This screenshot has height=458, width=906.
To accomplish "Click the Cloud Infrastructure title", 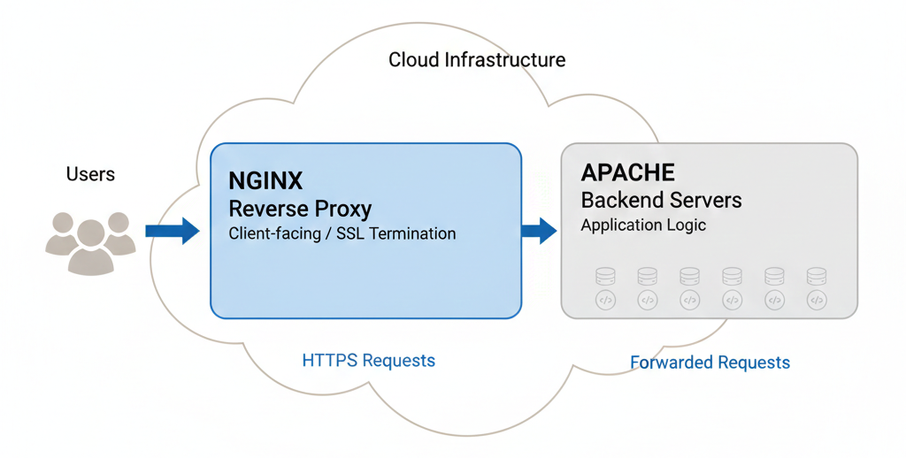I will pos(477,60).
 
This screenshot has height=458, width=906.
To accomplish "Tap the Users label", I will pos(90,174).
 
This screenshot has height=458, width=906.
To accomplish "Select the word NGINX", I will pos(265,181).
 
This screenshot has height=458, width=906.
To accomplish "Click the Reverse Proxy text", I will pos(300,209).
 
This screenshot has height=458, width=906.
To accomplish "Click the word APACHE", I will pos(627,172).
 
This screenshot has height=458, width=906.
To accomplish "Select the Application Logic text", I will pos(643,225).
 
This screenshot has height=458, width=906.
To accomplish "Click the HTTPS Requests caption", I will pos(368,361).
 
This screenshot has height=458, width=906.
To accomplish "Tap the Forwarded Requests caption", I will pos(710,363).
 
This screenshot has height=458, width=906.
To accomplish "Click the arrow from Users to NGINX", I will pos(172,231).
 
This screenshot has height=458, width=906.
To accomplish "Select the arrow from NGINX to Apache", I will pos(538,231).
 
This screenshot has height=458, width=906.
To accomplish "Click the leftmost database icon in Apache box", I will pos(605,277).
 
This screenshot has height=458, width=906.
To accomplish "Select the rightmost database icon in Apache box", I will pos(817,277).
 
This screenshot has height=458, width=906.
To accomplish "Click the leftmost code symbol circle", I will pos(605,301).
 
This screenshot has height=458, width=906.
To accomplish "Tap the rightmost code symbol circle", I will pos(817,301).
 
